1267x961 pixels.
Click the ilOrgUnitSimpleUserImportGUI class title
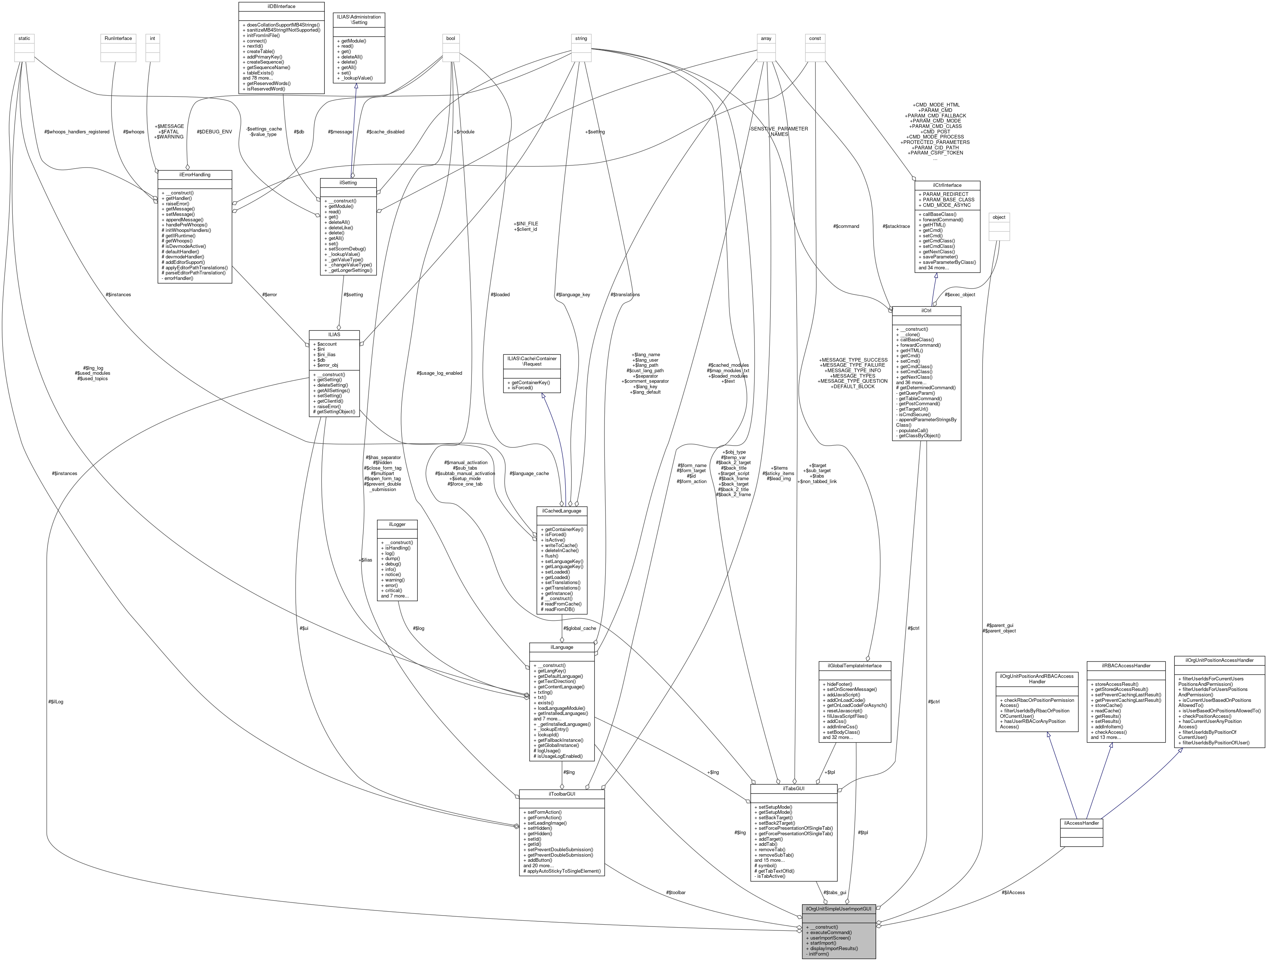(839, 909)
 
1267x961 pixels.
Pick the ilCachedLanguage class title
(561, 511)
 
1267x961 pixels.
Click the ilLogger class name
(397, 524)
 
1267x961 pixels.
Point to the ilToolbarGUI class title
(561, 794)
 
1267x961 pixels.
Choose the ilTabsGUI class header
(793, 789)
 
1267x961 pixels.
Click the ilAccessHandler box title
(1081, 823)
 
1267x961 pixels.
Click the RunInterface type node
(118, 39)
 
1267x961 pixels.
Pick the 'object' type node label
(999, 217)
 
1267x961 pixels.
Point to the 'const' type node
(815, 39)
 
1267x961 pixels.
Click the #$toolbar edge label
(676, 892)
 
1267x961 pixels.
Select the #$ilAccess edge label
(1013, 892)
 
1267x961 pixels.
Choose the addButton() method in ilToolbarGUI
(539, 860)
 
